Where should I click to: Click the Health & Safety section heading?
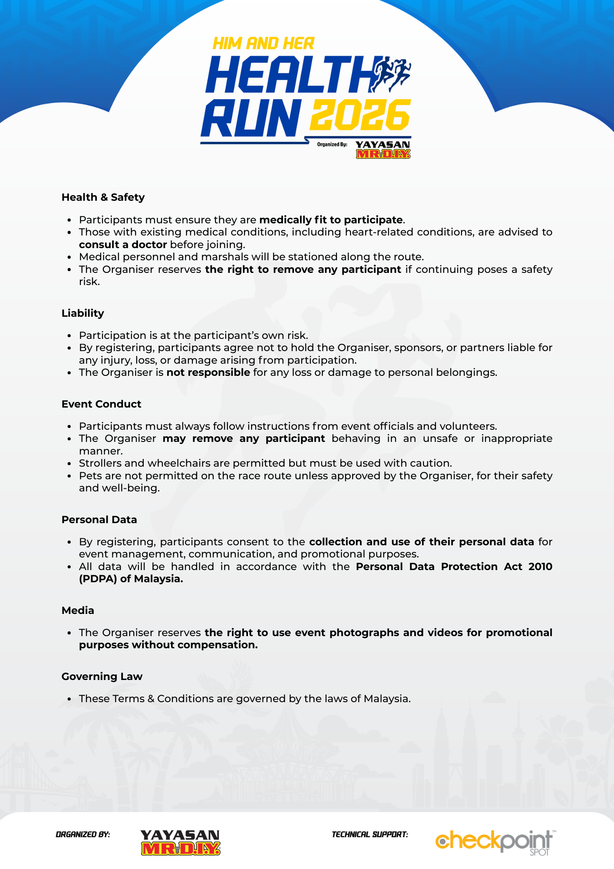[103, 197]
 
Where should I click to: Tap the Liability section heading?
[83, 313]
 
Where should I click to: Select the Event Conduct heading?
[101, 404]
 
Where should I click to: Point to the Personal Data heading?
[99, 520]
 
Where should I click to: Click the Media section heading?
[78, 610]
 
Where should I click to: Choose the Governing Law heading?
[102, 677]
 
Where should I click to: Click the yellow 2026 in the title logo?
[360, 115]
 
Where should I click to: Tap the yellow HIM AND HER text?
[263, 43]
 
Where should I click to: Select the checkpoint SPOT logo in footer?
[495, 842]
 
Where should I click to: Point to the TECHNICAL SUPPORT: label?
[370, 834]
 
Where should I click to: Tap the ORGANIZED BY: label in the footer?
[83, 834]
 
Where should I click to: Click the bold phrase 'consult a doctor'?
[123, 245]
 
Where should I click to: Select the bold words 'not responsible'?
[208, 372]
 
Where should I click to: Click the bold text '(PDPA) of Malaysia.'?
[131, 579]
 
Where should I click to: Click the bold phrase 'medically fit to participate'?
[331, 220]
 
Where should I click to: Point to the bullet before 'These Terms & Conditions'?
[69, 699]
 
